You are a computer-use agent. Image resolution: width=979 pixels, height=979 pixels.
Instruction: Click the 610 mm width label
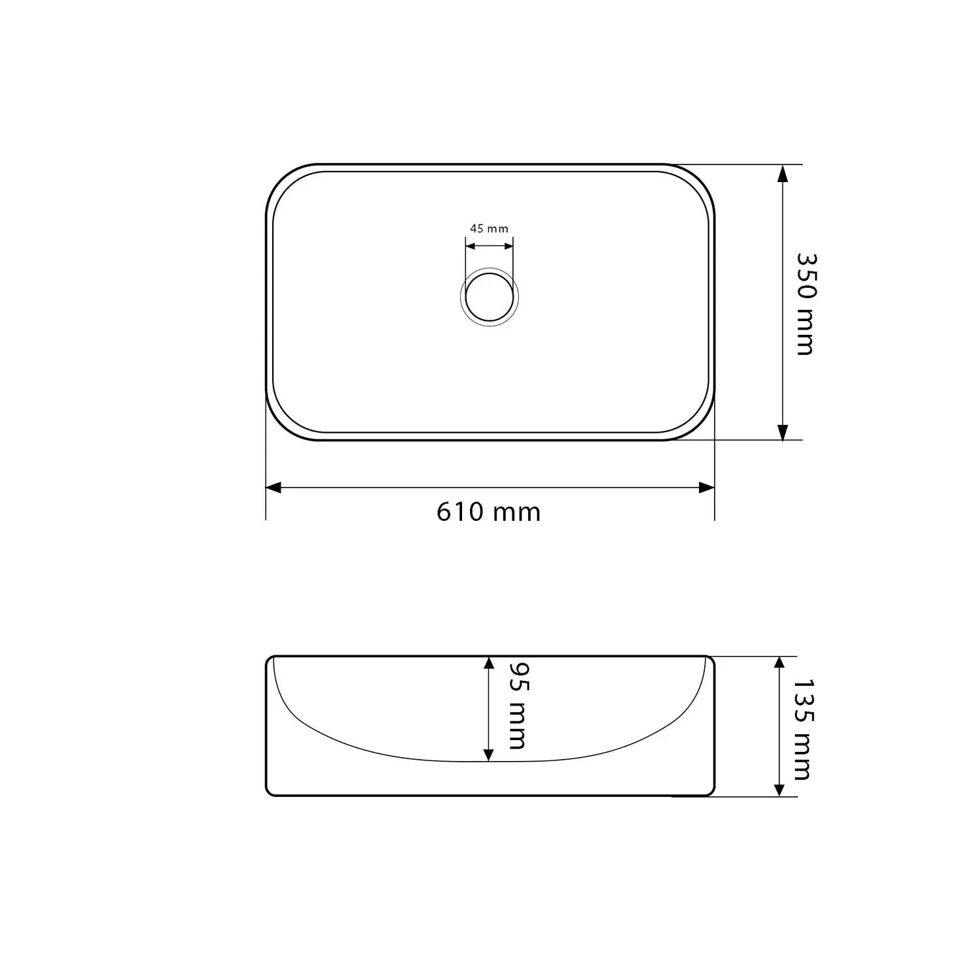click(489, 512)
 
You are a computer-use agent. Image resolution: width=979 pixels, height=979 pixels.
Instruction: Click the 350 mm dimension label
click(805, 303)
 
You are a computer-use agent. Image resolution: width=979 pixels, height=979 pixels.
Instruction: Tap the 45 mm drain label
click(489, 228)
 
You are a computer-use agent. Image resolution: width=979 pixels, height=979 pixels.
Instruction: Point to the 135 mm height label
click(802, 729)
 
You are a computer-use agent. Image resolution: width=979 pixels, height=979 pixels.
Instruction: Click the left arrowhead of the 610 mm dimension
click(273, 488)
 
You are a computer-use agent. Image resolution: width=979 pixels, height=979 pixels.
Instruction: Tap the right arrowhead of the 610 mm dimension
click(707, 488)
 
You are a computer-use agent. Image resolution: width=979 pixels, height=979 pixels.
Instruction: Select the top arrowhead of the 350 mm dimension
click(783, 173)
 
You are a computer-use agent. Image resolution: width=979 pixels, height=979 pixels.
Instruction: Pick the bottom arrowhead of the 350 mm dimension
click(783, 431)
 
